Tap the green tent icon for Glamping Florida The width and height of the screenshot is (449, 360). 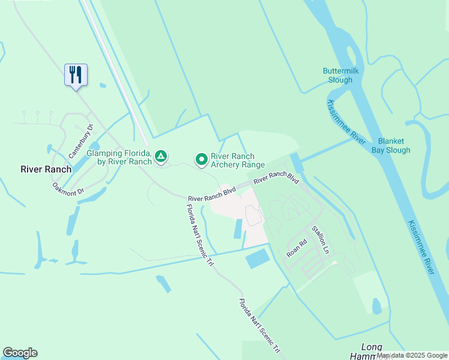[x=160, y=157]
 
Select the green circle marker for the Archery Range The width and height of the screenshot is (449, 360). [x=202, y=160]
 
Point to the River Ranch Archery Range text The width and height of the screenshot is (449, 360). [x=237, y=160]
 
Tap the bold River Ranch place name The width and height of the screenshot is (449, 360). [x=46, y=169]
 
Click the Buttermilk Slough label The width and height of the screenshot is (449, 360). [x=345, y=75]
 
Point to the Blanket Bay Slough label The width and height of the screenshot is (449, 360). [x=390, y=146]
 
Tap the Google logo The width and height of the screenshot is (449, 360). [x=20, y=353]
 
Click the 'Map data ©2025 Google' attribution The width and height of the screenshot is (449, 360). [x=412, y=355]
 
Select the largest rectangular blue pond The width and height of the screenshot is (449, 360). [x=258, y=259]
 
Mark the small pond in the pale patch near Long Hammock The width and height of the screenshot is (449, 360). [x=376, y=307]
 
